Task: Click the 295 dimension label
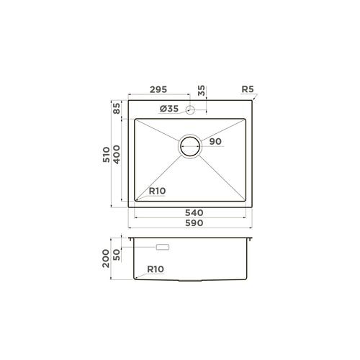(159, 90)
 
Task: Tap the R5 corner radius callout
(248, 90)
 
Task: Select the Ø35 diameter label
(168, 109)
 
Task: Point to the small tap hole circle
(191, 109)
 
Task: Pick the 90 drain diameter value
(215, 142)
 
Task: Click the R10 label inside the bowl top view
(157, 191)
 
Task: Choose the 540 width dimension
(192, 213)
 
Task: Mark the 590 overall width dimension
(192, 224)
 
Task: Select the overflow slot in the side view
(162, 247)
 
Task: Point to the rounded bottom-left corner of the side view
(137, 277)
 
